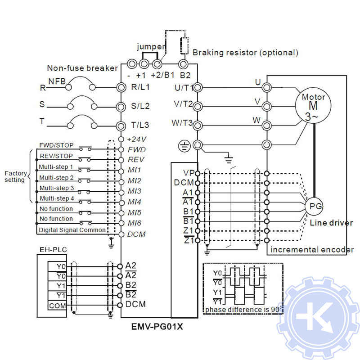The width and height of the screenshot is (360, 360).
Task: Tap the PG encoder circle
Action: pyautogui.click(x=314, y=206)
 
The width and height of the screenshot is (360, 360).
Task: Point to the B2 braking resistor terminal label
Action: pyautogui.click(x=185, y=75)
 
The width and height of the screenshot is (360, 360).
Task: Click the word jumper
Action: pyautogui.click(x=151, y=47)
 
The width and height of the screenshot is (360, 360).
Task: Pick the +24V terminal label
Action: pyautogui.click(x=137, y=139)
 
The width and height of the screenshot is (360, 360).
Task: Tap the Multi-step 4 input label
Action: pyautogui.click(x=57, y=198)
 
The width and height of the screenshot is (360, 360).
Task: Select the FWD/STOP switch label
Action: pyautogui.click(x=56, y=146)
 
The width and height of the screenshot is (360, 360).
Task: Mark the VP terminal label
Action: pyautogui.click(x=189, y=173)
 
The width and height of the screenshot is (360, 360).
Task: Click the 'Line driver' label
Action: pyautogui.click(x=331, y=223)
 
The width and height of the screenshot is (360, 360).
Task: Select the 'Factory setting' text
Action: pyautogui.click(x=16, y=176)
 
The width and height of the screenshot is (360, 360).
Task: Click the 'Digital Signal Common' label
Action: pyautogui.click(x=72, y=229)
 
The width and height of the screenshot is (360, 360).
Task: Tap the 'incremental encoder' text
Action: pyautogui.click(x=312, y=250)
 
